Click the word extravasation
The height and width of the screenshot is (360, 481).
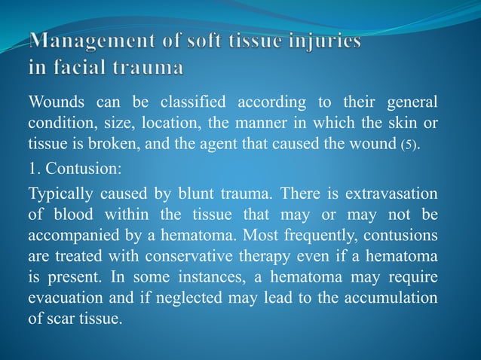pos(391,194)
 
